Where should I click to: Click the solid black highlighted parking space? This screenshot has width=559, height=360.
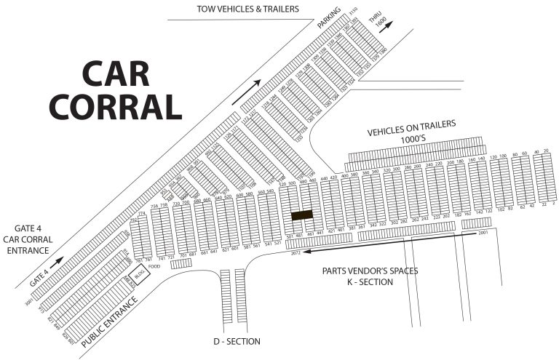(301, 215)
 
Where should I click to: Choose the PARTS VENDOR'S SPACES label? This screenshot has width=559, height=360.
(370, 271)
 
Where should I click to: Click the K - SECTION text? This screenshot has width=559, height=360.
(370, 282)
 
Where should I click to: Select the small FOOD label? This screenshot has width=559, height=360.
(154, 267)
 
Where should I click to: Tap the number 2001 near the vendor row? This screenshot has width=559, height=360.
(482, 234)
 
